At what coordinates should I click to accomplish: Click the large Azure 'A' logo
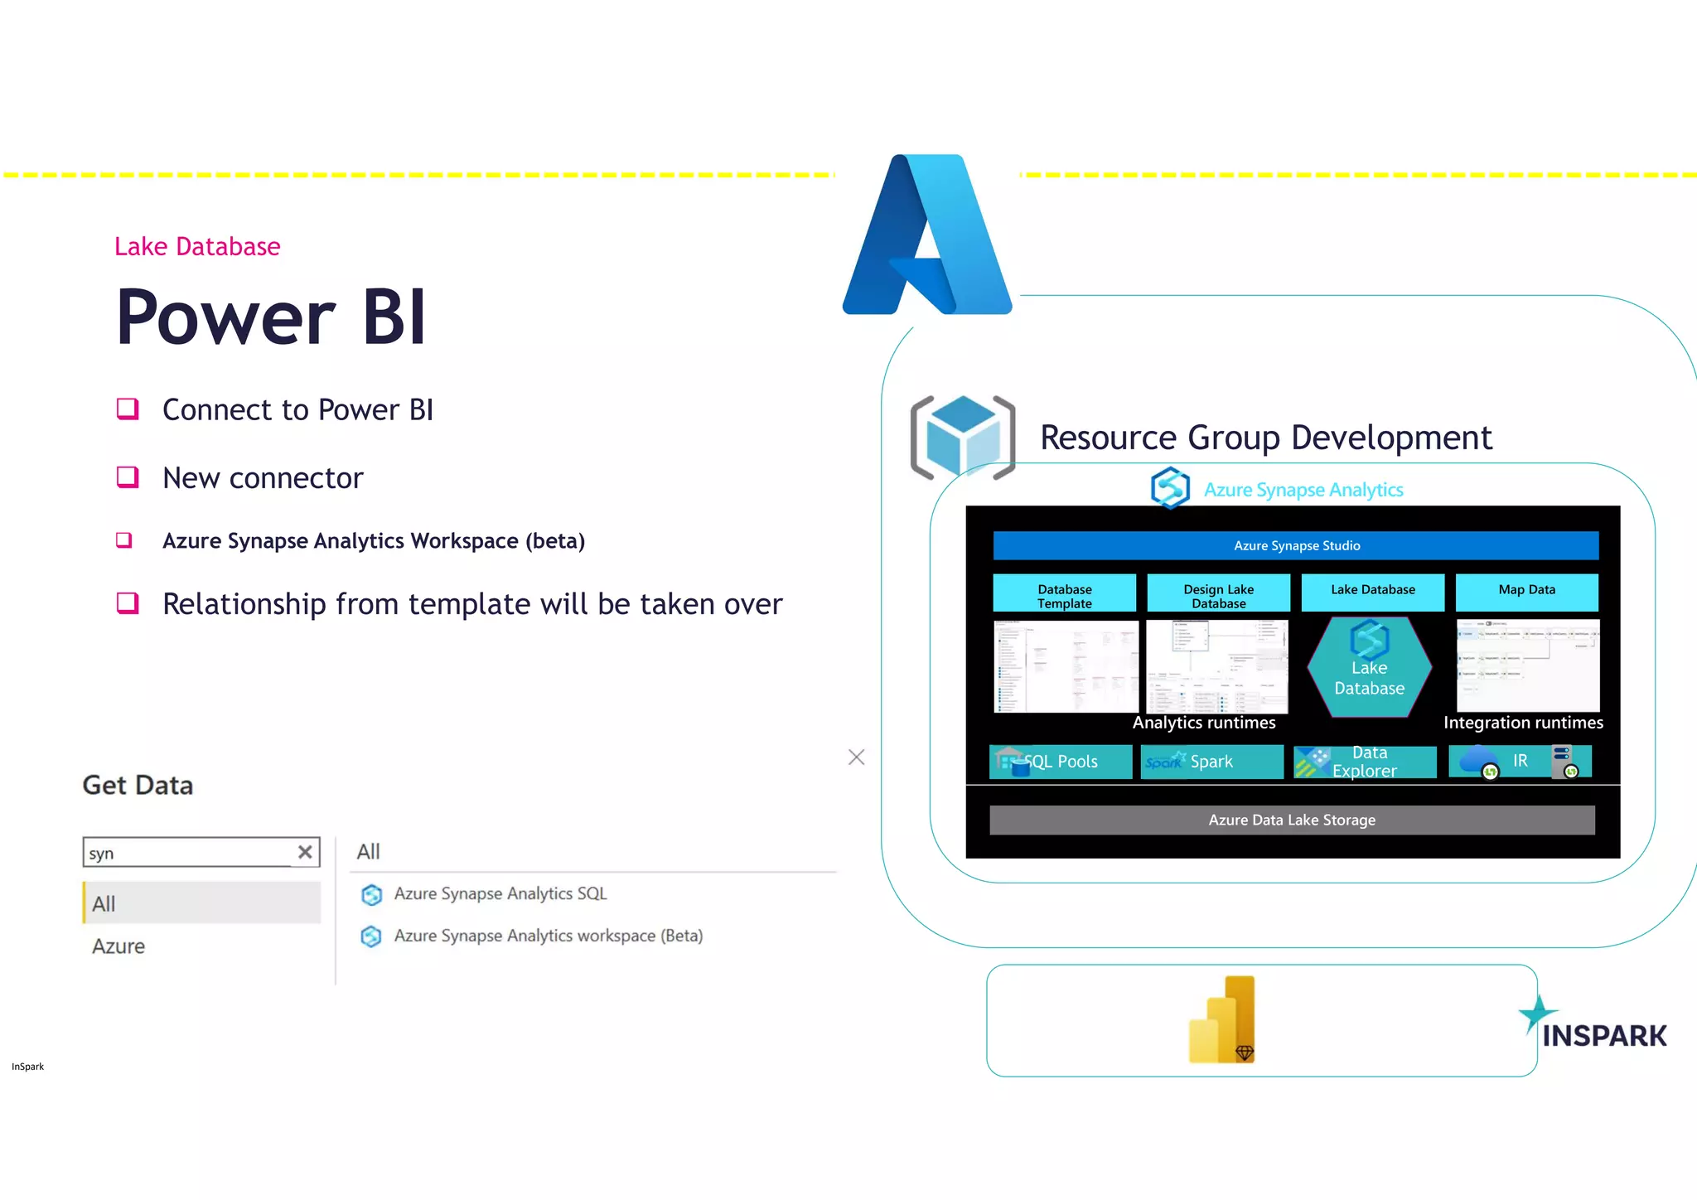coord(927,236)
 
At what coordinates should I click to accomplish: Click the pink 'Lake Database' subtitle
coord(197,246)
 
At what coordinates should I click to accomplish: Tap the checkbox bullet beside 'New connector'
coord(128,477)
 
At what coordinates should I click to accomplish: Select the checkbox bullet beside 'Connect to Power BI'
coord(128,409)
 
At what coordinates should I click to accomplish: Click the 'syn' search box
coord(191,853)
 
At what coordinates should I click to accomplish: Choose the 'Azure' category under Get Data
coord(118,946)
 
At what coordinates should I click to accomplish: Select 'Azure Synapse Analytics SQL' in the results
coord(500,893)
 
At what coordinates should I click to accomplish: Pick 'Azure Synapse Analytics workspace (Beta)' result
coord(548,936)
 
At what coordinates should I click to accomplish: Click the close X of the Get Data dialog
coord(856,757)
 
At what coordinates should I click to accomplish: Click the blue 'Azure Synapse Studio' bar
coord(1295,545)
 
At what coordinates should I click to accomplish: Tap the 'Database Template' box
coord(1064,593)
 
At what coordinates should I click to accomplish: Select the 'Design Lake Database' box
coord(1218,593)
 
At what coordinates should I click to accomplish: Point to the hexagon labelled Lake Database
coord(1369,668)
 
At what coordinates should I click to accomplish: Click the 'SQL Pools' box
coord(1061,762)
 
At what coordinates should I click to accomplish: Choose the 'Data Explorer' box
coord(1365,762)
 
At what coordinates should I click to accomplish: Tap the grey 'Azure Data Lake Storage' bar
coord(1291,820)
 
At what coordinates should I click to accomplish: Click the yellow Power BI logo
coord(1221,1020)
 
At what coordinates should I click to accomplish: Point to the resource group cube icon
coord(962,437)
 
